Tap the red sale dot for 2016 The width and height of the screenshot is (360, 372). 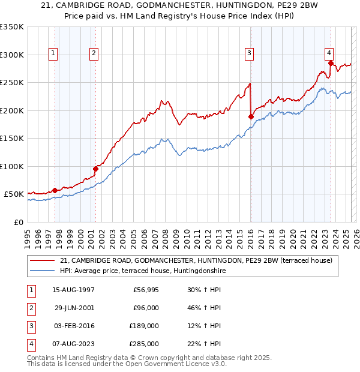pyautogui.click(x=251, y=116)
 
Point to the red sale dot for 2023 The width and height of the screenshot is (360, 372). pyautogui.click(x=331, y=63)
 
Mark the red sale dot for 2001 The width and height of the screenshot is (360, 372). pyautogui.click(x=95, y=169)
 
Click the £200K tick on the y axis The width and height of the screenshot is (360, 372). pyautogui.click(x=13, y=110)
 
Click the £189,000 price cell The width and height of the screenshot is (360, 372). pyautogui.click(x=144, y=326)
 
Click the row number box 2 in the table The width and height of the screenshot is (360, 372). pyautogui.click(x=29, y=308)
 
